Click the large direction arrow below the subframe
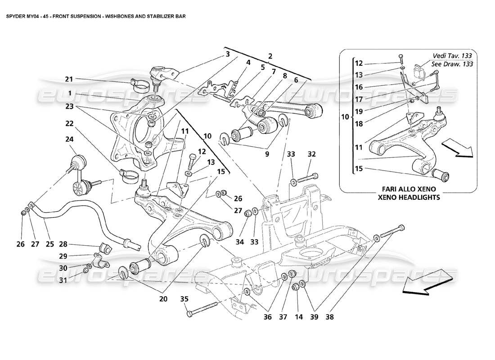tap(428, 282)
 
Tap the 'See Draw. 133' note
tap(453, 64)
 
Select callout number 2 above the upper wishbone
tap(270, 57)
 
